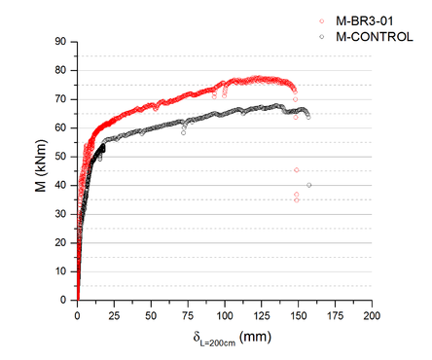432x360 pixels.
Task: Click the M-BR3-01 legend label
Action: click(364, 19)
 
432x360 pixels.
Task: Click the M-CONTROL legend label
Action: click(374, 36)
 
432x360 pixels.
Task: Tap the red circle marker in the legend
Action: click(323, 19)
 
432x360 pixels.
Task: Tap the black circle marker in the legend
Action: click(323, 36)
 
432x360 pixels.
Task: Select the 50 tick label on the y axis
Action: click(64, 157)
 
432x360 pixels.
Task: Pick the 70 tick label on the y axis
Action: click(64, 99)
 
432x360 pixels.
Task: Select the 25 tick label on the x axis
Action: click(115, 316)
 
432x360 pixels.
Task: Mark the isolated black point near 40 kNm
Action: click(309, 185)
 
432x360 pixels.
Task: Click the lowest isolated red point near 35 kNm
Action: click(296, 199)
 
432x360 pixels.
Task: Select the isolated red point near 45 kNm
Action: click(296, 170)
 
